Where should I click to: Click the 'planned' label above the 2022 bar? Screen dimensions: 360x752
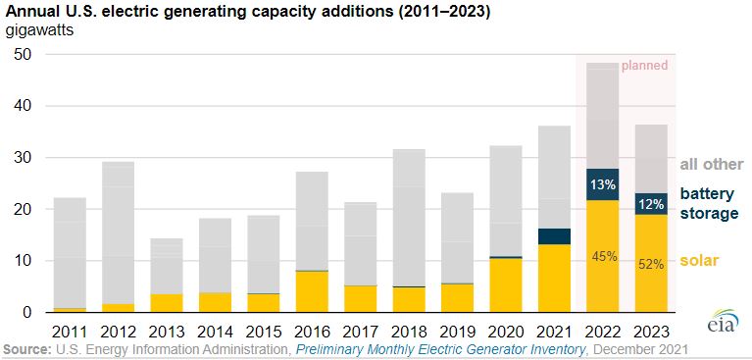(644, 66)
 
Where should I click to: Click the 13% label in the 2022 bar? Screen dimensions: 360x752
(603, 183)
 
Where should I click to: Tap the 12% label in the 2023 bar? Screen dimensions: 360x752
(650, 204)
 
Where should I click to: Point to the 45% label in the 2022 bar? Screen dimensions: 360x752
(603, 257)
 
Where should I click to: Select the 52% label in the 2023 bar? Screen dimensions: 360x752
(650, 264)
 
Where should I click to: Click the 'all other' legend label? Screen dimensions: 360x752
(711, 165)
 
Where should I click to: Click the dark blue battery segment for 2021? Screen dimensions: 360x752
(555, 236)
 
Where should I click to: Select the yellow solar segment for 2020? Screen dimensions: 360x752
(507, 285)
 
